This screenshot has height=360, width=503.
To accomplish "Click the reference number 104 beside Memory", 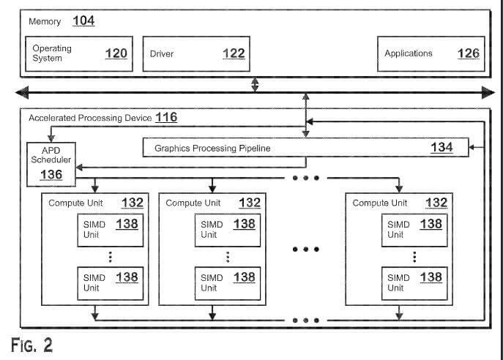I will coord(83,21).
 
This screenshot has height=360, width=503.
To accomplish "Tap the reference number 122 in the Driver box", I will coord(234,53).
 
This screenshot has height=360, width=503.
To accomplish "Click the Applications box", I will coord(430,53).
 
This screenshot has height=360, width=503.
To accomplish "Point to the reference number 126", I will coord(469,53).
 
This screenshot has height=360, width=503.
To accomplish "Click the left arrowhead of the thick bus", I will coord(23,92).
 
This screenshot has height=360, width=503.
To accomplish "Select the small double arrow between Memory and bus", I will coord(255,84).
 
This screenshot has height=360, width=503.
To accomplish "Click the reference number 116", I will coord(165,117).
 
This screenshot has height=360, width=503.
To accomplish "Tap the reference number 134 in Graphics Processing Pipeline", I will coord(441,148).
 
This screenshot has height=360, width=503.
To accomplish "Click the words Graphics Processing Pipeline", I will coord(212,148).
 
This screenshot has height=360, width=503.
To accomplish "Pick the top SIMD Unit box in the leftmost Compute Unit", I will coord(107,229).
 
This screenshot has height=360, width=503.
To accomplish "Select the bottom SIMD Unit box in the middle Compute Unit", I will coord(227,282).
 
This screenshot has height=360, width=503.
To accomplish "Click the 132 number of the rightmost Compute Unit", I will coord(437,203).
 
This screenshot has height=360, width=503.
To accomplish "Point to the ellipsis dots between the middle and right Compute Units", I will coord(305,250).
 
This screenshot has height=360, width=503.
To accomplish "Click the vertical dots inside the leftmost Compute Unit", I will coord(110,256).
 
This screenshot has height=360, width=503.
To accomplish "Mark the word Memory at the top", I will coord(45,22).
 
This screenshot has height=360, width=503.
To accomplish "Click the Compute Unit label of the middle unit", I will coord(193,203).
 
